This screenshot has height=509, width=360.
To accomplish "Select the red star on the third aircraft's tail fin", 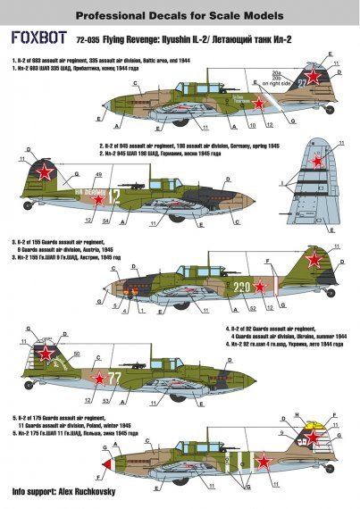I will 314,261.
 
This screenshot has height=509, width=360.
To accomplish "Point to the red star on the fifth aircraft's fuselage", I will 264,461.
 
